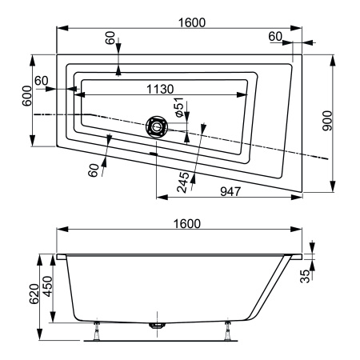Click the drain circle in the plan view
157,126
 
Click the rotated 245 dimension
183,182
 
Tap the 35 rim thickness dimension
305,276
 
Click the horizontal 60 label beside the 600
42,81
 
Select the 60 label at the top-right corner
276,37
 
